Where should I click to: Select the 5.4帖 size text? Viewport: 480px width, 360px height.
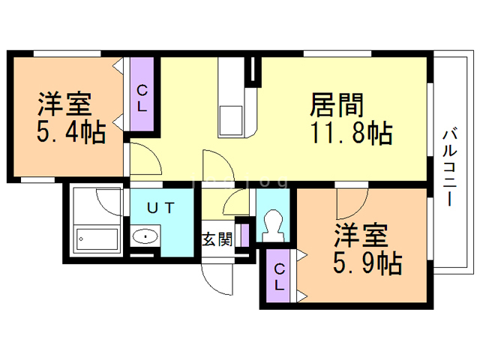click(71, 133)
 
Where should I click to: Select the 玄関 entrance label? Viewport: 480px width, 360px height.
click(217, 240)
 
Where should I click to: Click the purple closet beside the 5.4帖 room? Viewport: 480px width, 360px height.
click(142, 95)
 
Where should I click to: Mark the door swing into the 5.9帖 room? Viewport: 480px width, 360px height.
click(349, 201)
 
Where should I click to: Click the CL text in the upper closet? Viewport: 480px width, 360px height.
click(142, 97)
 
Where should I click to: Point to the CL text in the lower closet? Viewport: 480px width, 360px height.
click(279, 277)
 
